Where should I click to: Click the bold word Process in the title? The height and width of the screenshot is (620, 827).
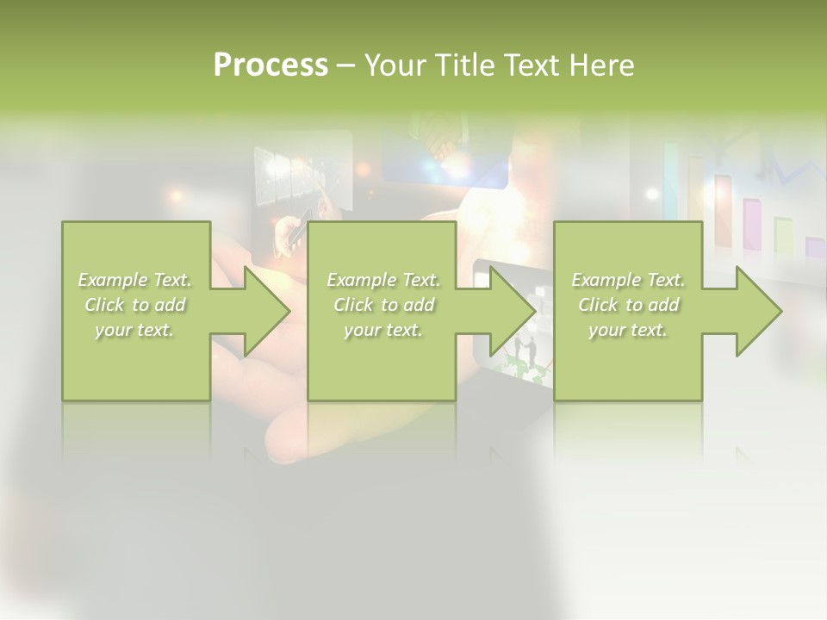point(270,65)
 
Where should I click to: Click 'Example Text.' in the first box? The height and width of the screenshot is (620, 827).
point(134,280)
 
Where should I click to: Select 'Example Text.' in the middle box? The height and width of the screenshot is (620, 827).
point(383,280)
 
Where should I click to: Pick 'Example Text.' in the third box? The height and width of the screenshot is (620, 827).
point(628,280)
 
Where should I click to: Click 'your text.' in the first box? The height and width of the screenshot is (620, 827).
point(134,330)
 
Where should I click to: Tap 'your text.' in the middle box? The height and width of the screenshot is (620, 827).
point(383,330)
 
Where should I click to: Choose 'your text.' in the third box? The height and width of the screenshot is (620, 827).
point(628,330)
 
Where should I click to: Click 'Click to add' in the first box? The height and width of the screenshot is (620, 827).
point(134,305)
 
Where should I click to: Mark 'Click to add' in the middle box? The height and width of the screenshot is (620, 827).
point(383,305)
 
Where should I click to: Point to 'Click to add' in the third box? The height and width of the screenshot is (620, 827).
point(628,305)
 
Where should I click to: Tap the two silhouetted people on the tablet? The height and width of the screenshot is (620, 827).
point(525,349)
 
